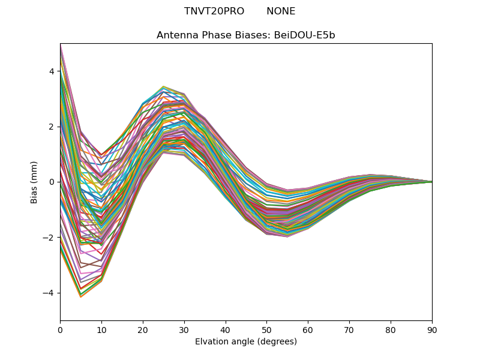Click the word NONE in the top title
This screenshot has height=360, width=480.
click(281, 11)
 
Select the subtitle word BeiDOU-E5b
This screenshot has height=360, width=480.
click(305, 35)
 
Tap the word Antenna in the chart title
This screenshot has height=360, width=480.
click(176, 35)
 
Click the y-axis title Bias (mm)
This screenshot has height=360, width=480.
click(34, 182)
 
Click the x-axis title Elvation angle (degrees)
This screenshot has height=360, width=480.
click(246, 342)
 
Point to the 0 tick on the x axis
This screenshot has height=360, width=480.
click(60, 329)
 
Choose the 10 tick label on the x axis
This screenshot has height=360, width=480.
click(101, 329)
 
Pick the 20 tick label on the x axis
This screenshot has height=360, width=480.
click(143, 329)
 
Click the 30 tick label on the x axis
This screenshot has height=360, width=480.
click(184, 329)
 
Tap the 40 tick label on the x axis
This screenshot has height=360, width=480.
click(226, 329)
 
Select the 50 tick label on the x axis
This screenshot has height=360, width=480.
click(266, 329)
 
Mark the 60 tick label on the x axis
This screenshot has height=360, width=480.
click(308, 329)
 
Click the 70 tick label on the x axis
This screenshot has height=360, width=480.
click(349, 329)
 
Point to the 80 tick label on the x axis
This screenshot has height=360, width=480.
click(391, 329)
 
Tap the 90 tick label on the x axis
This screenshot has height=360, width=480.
click(432, 329)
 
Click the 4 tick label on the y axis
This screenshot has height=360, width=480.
click(52, 71)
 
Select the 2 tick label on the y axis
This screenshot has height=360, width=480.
click(52, 127)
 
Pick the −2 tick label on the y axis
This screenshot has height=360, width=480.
click(49, 238)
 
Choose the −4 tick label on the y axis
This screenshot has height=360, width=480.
click(49, 293)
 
